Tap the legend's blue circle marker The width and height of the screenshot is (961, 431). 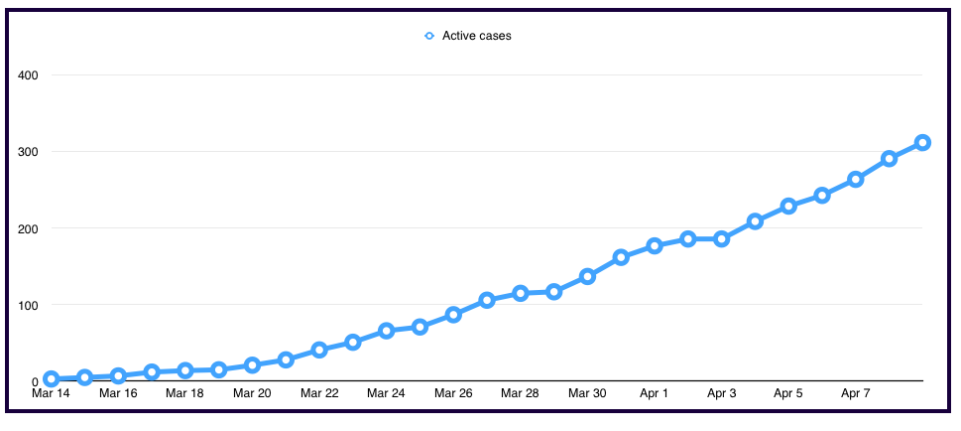pyautogui.click(x=428, y=36)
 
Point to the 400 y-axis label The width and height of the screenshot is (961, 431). pyautogui.click(x=28, y=75)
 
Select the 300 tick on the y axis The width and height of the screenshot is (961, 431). pyautogui.click(x=28, y=152)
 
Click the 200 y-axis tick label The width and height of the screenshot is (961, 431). pyautogui.click(x=28, y=228)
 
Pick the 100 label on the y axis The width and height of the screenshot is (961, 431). pyautogui.click(x=28, y=305)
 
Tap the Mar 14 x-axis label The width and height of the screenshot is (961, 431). pyautogui.click(x=51, y=393)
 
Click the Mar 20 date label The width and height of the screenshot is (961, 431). pyautogui.click(x=252, y=393)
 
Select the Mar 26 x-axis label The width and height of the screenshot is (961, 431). pyautogui.click(x=453, y=393)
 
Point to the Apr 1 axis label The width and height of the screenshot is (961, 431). pyautogui.click(x=655, y=393)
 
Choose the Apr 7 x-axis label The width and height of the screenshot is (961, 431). pyautogui.click(x=856, y=393)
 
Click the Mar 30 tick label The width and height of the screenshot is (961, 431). pyautogui.click(x=587, y=393)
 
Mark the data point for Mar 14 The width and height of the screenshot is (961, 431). pyautogui.click(x=52, y=378)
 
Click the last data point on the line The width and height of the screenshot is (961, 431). pyautogui.click(x=922, y=142)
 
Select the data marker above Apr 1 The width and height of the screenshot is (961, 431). pyautogui.click(x=655, y=245)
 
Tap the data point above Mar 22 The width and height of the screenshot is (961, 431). pyautogui.click(x=319, y=350)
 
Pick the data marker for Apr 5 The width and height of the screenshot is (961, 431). pyautogui.click(x=788, y=206)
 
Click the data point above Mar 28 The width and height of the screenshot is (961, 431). pyautogui.click(x=521, y=293)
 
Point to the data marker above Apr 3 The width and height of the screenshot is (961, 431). pyautogui.click(x=721, y=238)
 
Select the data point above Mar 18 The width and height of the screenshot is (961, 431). pyautogui.click(x=185, y=370)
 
